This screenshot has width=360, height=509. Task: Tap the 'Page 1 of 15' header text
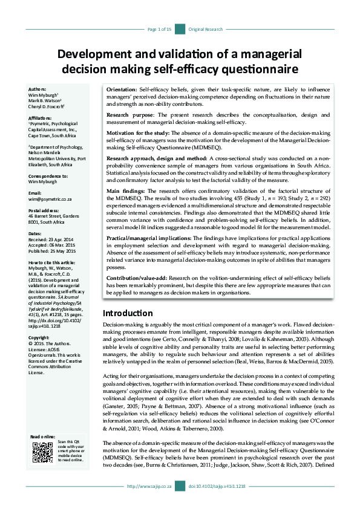click(x=160, y=29)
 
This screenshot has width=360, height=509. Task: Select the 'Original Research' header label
click(x=206, y=29)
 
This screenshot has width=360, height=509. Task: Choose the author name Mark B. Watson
click(x=44, y=101)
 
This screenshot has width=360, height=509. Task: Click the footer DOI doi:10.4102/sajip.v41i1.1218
click(x=217, y=486)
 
